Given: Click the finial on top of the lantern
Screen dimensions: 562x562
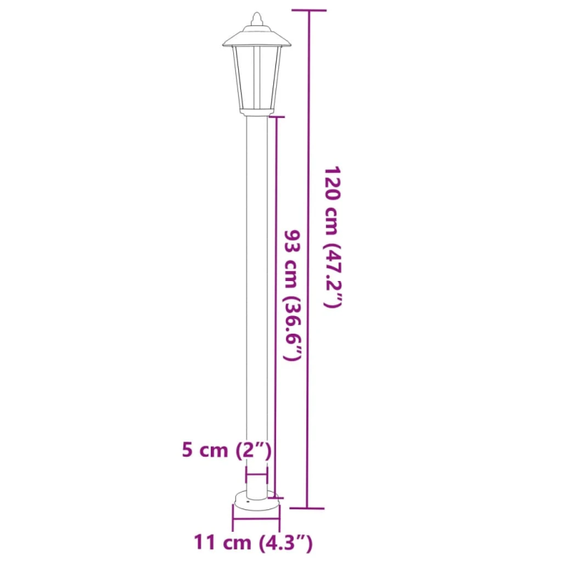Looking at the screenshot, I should [x=256, y=17].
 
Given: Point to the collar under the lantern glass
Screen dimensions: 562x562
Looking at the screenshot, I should [x=256, y=111].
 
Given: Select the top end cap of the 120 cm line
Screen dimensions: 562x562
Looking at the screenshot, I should [x=308, y=11].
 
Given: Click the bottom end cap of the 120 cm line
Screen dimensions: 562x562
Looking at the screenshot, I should [x=308, y=507].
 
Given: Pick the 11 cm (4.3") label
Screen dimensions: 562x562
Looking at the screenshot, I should [x=254, y=542].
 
